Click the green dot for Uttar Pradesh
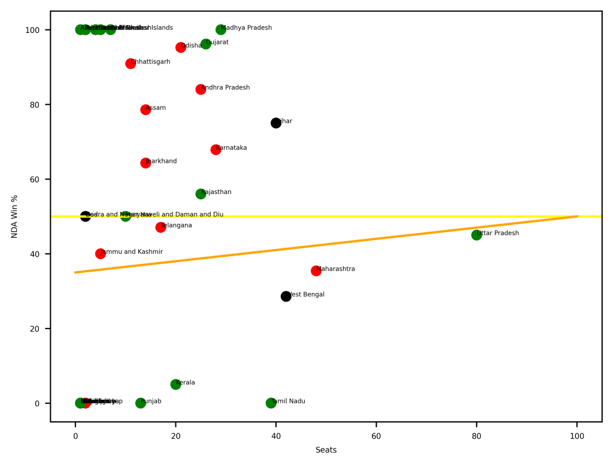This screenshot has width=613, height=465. [x=477, y=235]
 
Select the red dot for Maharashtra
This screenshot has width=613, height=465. [x=316, y=271]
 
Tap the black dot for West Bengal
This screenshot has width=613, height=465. [x=286, y=296]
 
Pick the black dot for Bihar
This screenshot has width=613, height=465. [x=276, y=123]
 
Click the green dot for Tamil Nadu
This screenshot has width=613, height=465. [x=271, y=403]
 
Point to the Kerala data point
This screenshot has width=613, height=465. [x=175, y=384]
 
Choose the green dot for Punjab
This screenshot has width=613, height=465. [x=141, y=403]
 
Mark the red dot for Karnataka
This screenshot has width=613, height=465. [x=216, y=150]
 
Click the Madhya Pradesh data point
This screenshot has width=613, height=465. [x=221, y=29]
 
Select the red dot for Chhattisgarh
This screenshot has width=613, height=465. [x=131, y=63]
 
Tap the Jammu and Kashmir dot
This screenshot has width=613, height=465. [x=101, y=254]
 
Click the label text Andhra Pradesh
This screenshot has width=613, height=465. [x=225, y=87]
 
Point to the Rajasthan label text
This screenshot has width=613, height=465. [x=216, y=192]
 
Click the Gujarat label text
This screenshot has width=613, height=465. [x=217, y=42]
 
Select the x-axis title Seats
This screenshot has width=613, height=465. [x=326, y=450]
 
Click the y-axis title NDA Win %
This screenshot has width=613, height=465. [x=14, y=216]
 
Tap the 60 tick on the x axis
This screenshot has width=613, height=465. [x=376, y=433]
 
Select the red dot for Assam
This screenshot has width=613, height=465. [x=145, y=110]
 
